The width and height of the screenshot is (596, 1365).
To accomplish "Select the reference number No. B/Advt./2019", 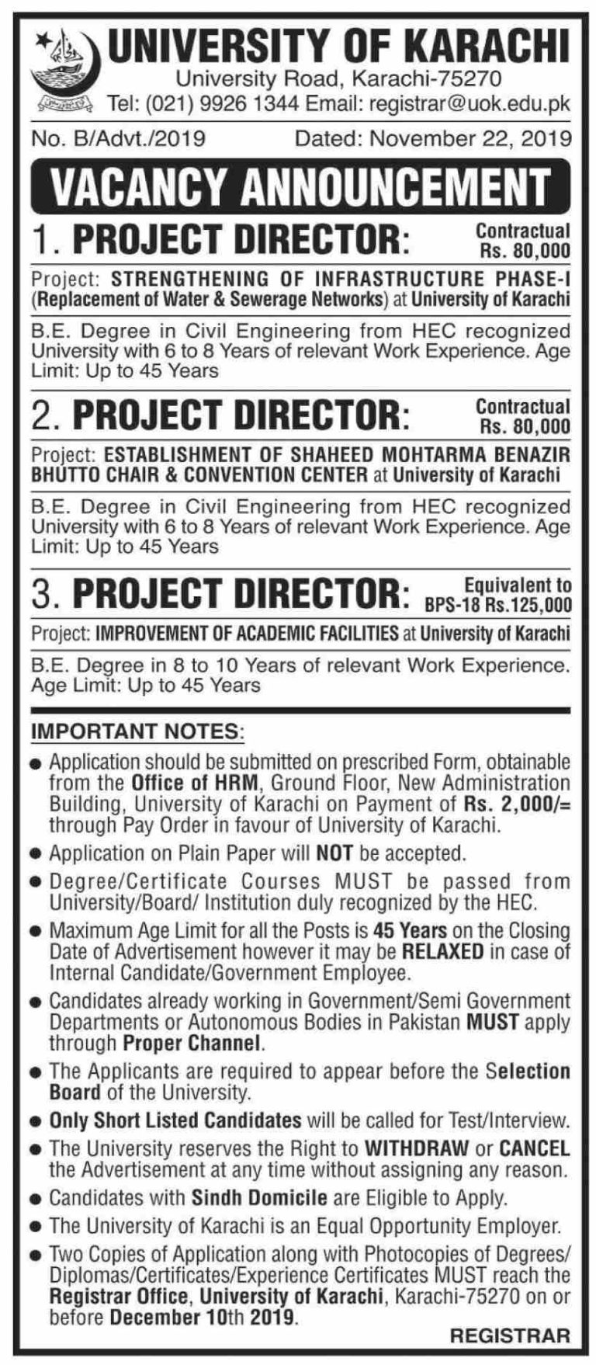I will click(x=119, y=139).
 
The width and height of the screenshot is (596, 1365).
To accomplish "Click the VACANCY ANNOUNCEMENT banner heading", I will click(x=299, y=186).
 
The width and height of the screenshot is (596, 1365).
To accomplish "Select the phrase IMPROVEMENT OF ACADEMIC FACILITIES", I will click(x=247, y=634).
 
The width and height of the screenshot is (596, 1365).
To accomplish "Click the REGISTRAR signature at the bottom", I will click(x=510, y=1335).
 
